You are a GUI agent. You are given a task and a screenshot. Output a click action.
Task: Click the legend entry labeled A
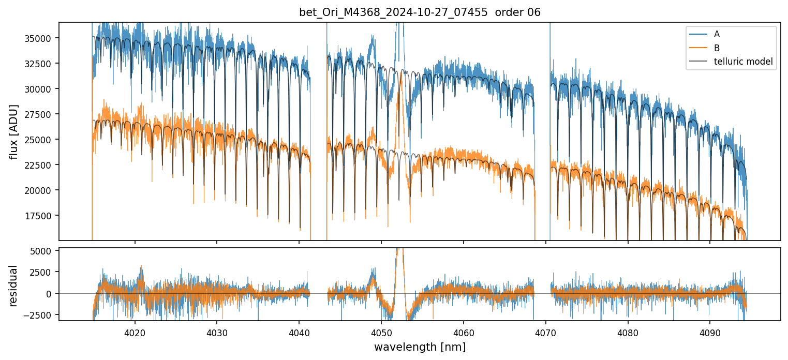717,34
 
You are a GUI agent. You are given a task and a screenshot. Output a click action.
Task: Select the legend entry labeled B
717,48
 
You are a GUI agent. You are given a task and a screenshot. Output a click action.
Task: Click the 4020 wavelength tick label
135,332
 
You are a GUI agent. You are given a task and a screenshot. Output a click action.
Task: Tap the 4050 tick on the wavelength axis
381,332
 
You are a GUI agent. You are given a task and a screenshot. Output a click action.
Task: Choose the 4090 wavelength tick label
709,332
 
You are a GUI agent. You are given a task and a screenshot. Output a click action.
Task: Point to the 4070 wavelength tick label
545,332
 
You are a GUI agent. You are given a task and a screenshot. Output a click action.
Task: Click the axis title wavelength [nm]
420,347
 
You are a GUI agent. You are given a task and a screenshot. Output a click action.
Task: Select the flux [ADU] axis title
14,131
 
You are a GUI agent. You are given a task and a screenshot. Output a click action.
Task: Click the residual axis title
14,285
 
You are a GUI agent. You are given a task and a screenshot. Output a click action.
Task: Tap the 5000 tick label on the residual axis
40,251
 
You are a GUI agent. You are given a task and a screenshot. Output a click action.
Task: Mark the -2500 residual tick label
38,314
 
